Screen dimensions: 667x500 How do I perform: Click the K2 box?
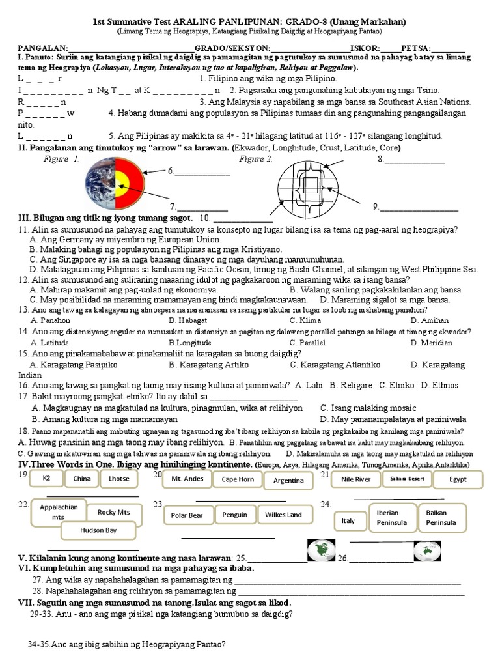(x=46, y=479)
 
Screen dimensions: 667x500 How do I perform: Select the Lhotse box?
(x=118, y=479)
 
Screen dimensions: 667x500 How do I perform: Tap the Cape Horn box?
(x=238, y=479)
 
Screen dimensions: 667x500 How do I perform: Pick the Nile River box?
(x=355, y=479)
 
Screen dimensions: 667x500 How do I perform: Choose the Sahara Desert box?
(x=407, y=479)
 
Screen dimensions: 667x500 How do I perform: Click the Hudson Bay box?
(x=98, y=530)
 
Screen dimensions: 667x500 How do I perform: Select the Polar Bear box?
(x=187, y=515)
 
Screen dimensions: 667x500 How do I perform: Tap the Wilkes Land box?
(x=283, y=515)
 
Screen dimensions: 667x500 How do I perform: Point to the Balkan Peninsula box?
(x=441, y=518)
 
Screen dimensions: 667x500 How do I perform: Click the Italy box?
(x=348, y=521)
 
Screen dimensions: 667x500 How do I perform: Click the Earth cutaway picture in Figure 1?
(x=110, y=182)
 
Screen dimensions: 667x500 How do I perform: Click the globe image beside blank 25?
(x=320, y=551)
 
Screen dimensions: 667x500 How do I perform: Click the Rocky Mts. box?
(x=115, y=512)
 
